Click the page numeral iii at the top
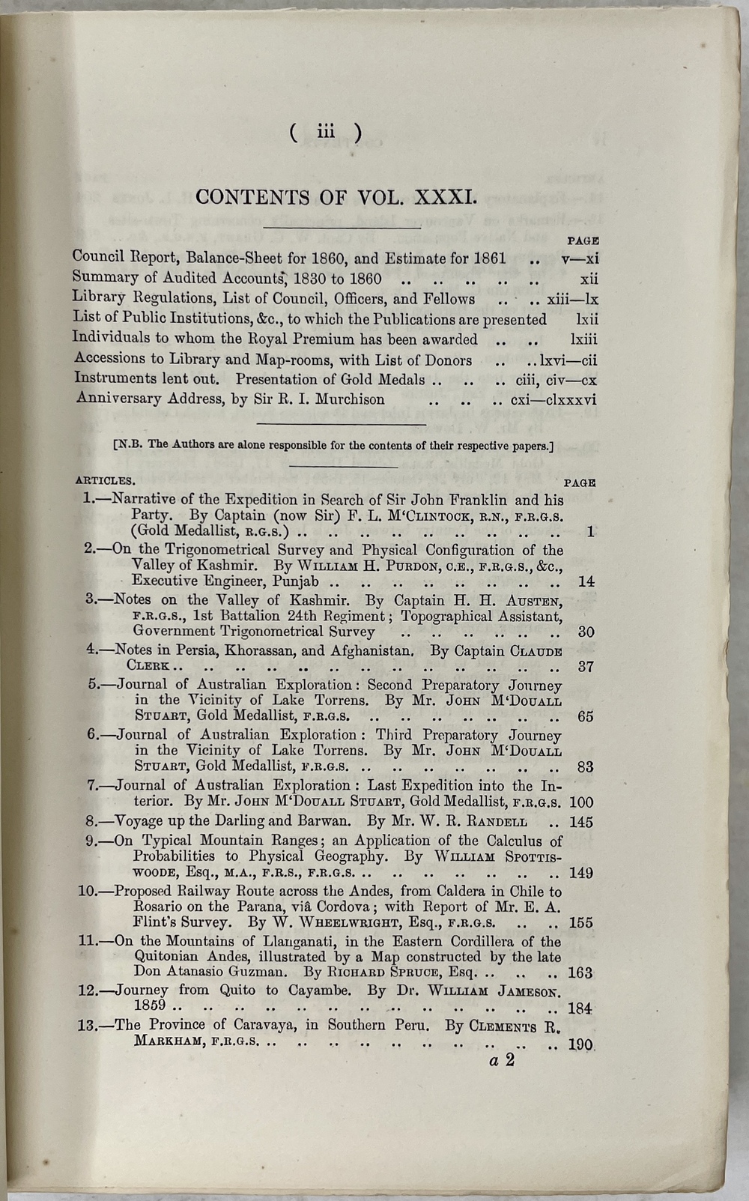pos(325,132)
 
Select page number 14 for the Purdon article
pos(586,581)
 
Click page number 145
pos(581,822)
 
